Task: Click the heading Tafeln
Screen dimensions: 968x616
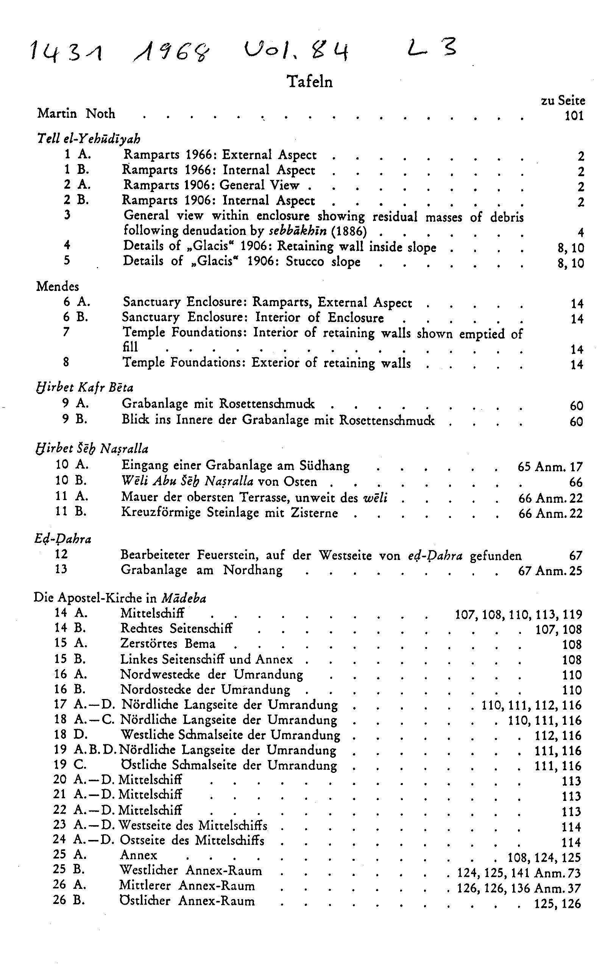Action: tap(309, 81)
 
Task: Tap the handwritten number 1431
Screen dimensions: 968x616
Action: tap(66, 53)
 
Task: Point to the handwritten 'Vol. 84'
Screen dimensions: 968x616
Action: tap(295, 53)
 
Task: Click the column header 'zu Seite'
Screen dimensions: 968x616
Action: tap(563, 100)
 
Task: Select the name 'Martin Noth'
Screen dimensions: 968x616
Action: tap(76, 114)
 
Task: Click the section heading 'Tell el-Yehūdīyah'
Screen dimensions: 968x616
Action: tap(88, 139)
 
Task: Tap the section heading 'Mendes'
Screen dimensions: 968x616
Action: tap(58, 287)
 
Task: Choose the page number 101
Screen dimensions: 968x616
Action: tap(574, 116)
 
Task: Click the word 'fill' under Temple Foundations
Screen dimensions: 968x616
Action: tap(130, 347)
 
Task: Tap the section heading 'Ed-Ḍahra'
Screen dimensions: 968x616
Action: tap(63, 539)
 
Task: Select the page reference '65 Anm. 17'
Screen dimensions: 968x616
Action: tap(550, 467)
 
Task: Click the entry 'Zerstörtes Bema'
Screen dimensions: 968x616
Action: tap(168, 644)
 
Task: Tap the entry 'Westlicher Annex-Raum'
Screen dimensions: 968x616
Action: tap(190, 871)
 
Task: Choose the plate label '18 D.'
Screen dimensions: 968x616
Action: tap(70, 735)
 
